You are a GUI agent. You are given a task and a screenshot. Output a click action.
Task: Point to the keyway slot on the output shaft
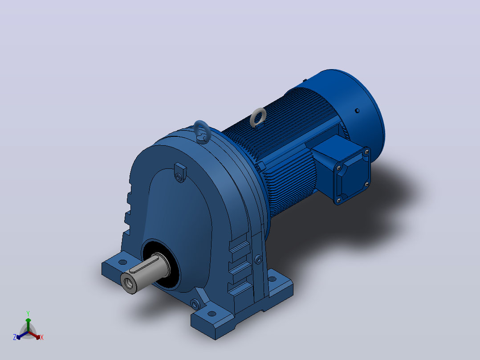pos(143,265)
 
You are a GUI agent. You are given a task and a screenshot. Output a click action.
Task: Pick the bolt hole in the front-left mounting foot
pos(123,262)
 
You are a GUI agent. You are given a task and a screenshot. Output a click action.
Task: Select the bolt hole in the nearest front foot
pos(212,314)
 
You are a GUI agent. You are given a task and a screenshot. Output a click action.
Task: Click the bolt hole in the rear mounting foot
pos(272,279)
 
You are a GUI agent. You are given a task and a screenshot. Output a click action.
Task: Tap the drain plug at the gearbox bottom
pos(195,304)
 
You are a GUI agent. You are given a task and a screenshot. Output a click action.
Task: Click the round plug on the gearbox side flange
pos(258,259)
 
